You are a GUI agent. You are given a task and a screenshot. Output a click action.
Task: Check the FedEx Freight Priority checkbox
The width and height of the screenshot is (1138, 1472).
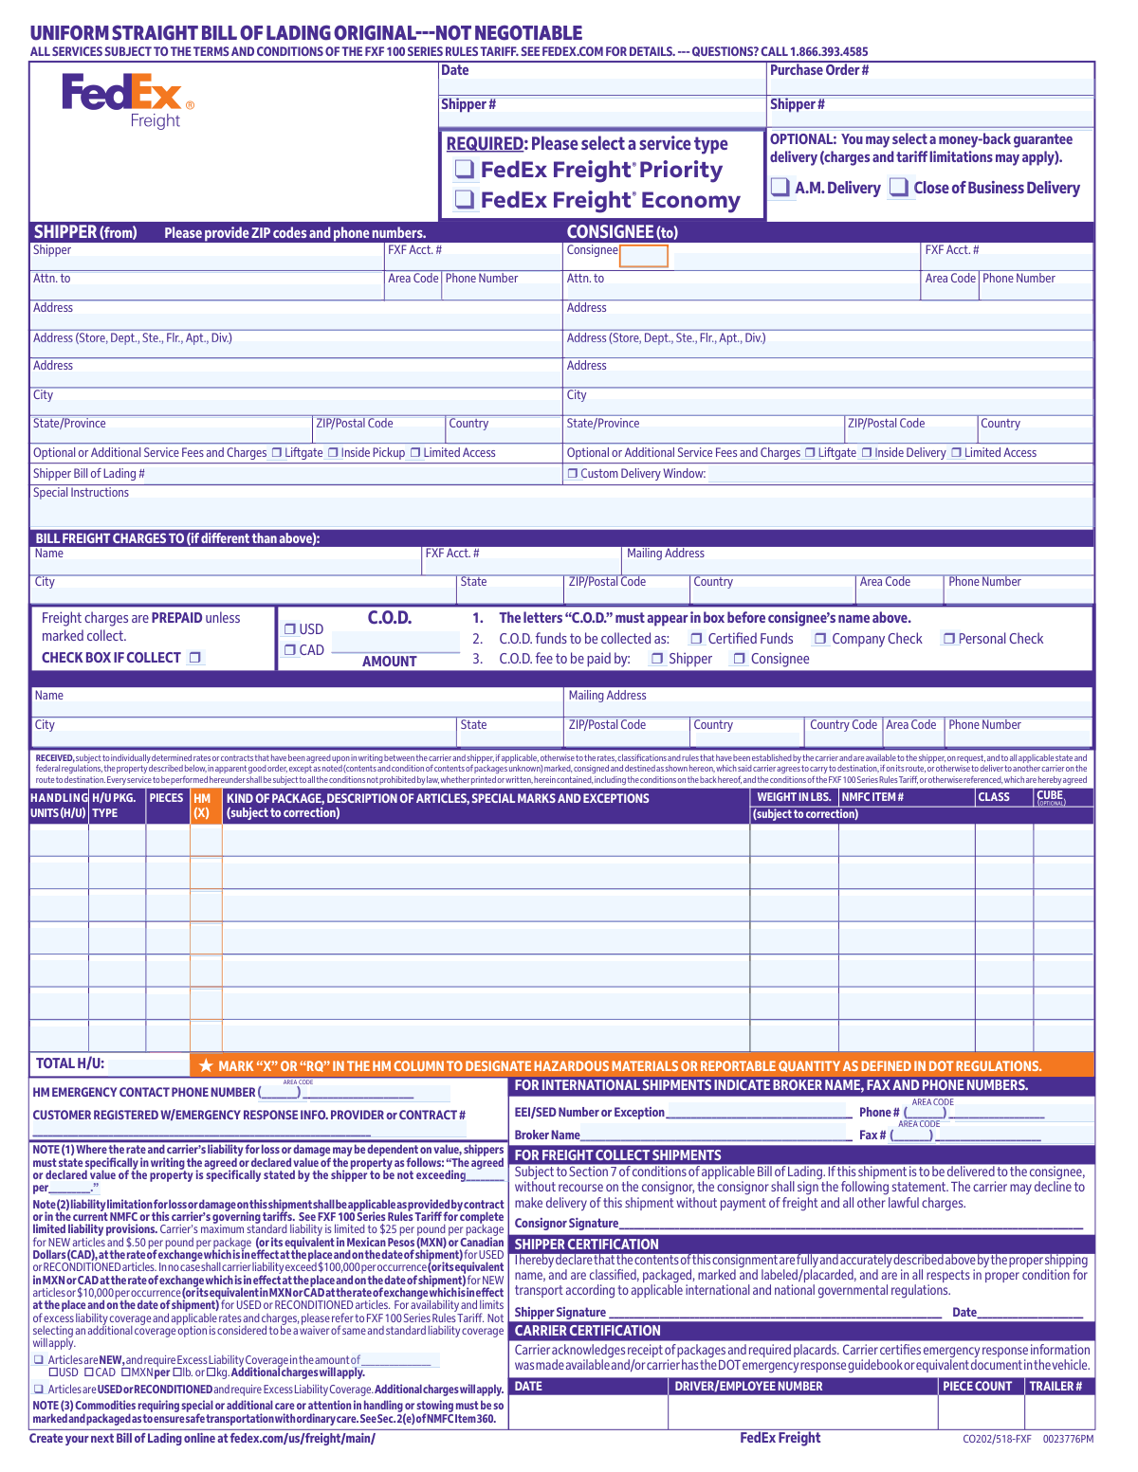pyautogui.click(x=465, y=170)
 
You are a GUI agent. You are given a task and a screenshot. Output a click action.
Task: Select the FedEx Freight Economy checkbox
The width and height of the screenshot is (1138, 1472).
pyautogui.click(x=465, y=200)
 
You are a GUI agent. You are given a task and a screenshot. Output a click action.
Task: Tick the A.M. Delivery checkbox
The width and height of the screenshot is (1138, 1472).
pyautogui.click(x=780, y=188)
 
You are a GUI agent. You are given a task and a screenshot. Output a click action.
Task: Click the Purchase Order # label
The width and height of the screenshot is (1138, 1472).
pyautogui.click(x=819, y=70)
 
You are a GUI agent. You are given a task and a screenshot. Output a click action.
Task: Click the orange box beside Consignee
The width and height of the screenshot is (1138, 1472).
pyautogui.click(x=643, y=256)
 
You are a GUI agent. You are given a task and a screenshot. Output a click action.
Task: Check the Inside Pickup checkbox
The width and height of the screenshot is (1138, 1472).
pyautogui.click(x=334, y=453)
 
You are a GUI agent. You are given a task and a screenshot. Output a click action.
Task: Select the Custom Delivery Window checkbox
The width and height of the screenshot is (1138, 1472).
pyautogui.click(x=573, y=474)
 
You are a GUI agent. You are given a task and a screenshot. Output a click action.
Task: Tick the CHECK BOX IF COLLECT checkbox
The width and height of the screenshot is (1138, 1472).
pyautogui.click(x=194, y=657)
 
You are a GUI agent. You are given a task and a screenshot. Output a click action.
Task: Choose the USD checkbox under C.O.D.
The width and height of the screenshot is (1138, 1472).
pyautogui.click(x=290, y=628)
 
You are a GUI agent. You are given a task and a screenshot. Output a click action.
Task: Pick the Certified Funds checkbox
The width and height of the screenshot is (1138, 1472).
pyautogui.click(x=696, y=639)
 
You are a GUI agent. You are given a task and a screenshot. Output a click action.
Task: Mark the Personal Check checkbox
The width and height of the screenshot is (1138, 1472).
pyautogui.click(x=948, y=639)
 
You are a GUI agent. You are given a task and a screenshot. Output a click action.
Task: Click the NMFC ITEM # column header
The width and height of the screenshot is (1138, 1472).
pyautogui.click(x=872, y=797)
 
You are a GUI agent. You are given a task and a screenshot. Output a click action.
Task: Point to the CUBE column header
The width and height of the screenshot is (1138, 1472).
pyautogui.click(x=1050, y=796)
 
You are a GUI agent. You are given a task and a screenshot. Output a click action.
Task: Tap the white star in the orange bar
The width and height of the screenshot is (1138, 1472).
pyautogui.click(x=206, y=1066)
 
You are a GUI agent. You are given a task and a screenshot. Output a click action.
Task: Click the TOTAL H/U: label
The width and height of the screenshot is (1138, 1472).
pyautogui.click(x=70, y=1063)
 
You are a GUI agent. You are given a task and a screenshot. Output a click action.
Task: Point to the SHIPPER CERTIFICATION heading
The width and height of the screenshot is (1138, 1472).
pyautogui.click(x=586, y=1245)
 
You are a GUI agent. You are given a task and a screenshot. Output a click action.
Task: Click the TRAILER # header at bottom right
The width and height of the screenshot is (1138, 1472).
pyautogui.click(x=1055, y=1386)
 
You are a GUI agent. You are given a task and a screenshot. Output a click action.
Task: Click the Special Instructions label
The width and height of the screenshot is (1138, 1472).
pyautogui.click(x=81, y=493)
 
